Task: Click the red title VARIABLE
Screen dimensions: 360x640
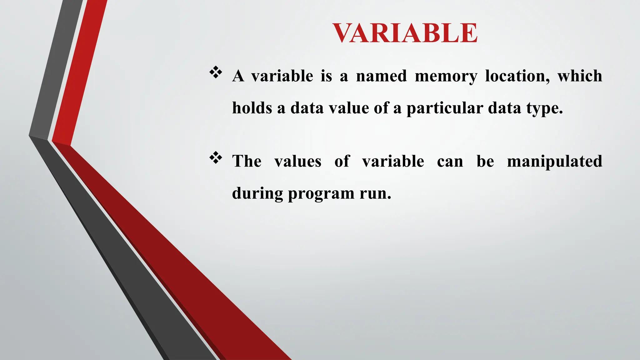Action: point(405,33)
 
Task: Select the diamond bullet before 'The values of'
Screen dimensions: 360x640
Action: point(216,158)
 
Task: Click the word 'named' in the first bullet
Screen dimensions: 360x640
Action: point(382,76)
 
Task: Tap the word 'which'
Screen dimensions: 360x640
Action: point(580,76)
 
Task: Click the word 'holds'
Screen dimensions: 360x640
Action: point(252,108)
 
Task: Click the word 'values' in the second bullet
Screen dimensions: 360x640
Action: point(298,162)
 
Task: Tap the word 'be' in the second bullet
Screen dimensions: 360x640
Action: point(485,162)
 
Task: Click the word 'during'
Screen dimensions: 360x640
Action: point(257,193)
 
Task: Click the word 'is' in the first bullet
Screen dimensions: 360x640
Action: point(326,76)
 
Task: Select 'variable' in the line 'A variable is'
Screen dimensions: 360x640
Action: point(282,76)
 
